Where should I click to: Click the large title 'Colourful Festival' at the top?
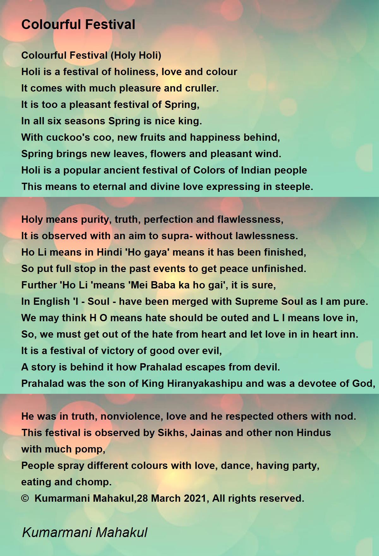pos(78,25)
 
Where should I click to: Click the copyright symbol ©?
pos(25,499)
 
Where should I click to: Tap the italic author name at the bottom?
pos(85,533)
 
